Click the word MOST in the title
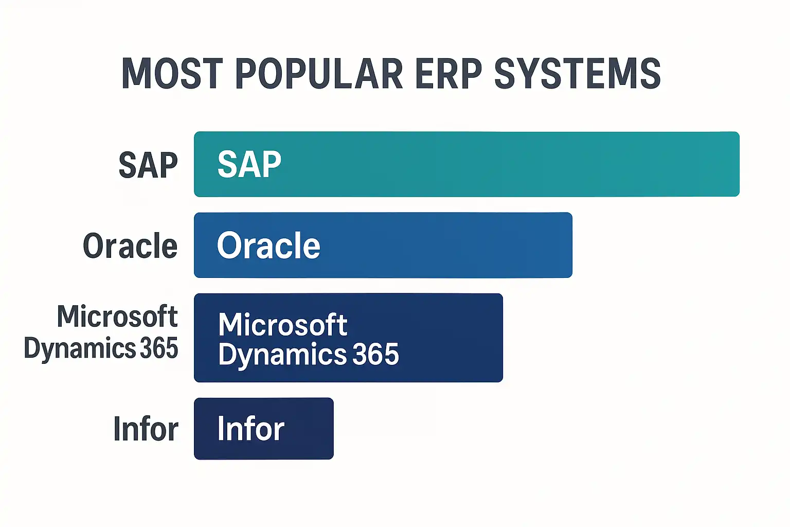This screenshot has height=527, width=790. [172, 74]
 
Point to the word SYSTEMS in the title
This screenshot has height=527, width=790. [577, 74]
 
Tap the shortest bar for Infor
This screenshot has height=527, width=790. [309, 428]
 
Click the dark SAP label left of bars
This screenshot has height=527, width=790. [148, 165]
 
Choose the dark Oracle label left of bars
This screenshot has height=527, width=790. [130, 246]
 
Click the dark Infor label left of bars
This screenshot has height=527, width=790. [146, 429]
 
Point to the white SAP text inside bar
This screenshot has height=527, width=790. [249, 164]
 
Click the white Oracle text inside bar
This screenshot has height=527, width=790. [268, 245]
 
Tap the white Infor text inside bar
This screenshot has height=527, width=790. [250, 428]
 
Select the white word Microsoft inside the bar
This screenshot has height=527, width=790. [283, 324]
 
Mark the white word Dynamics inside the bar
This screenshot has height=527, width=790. [282, 355]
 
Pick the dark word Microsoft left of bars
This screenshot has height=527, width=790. [117, 316]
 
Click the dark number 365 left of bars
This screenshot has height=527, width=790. [159, 348]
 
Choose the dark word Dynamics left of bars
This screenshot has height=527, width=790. [80, 349]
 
